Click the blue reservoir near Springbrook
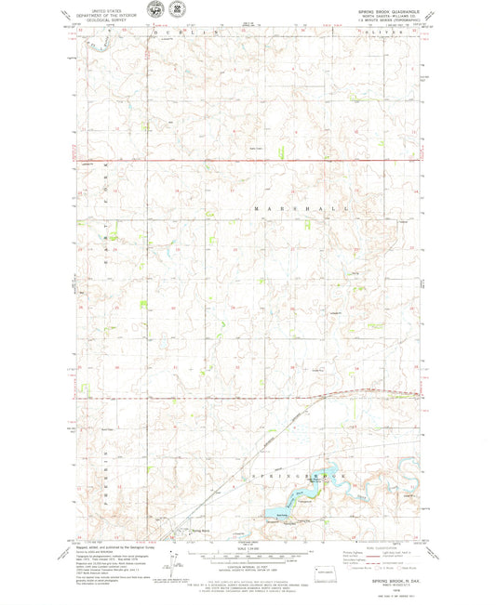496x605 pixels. point(281,512)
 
